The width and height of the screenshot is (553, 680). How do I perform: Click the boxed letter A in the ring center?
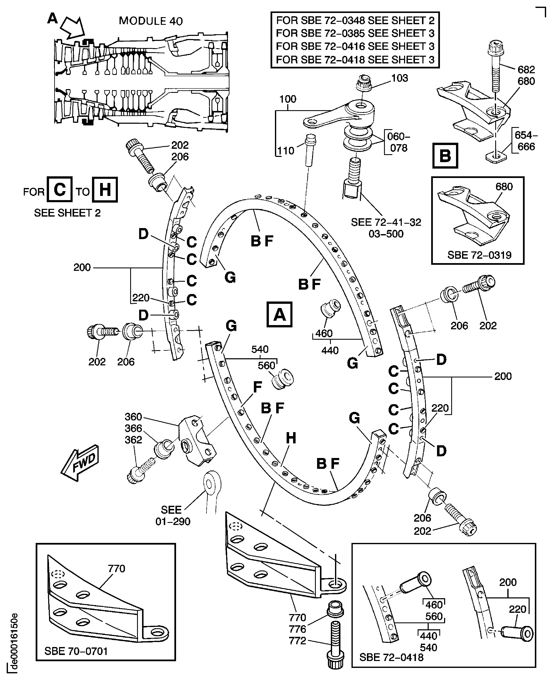point(279,314)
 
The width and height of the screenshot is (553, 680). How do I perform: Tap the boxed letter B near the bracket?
point(445,156)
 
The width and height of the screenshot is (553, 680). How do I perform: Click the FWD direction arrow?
point(80,462)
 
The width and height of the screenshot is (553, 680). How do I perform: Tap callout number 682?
point(526,69)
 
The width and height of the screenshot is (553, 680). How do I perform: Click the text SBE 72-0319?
point(479,255)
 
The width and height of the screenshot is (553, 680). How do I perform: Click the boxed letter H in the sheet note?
point(105,190)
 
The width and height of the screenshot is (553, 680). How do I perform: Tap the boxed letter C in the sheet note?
point(60,189)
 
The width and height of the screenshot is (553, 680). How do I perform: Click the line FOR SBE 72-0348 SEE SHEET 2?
point(355,20)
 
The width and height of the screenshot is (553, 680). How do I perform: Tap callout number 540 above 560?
point(260,349)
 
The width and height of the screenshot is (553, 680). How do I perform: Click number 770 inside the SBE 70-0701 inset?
point(117,568)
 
